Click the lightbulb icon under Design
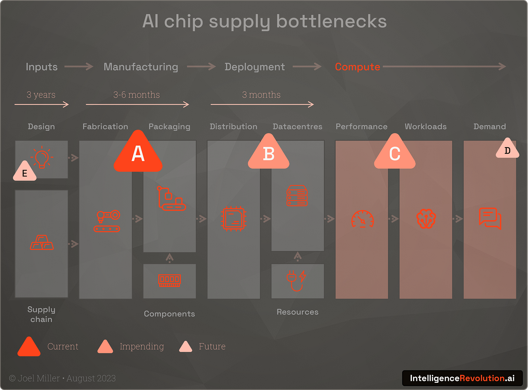point(42,158)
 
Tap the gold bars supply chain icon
point(42,242)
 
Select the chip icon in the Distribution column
point(234,219)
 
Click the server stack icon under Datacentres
point(297,196)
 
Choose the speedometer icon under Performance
point(362,219)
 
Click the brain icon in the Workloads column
point(426,219)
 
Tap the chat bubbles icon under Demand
point(490,218)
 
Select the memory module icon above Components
point(169,280)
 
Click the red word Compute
point(357,67)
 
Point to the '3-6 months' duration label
point(136,95)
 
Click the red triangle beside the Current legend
point(29,347)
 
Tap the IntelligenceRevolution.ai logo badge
point(462,378)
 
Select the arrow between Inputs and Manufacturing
point(79,66)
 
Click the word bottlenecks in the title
point(331,21)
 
